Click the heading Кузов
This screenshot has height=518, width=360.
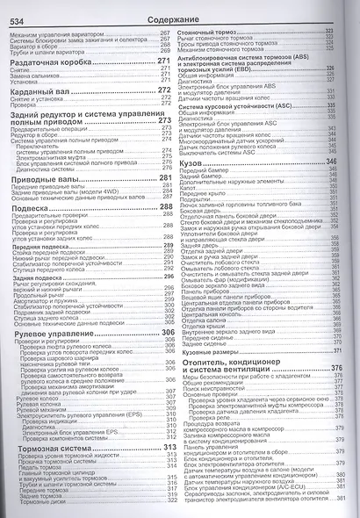click(199, 163)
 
